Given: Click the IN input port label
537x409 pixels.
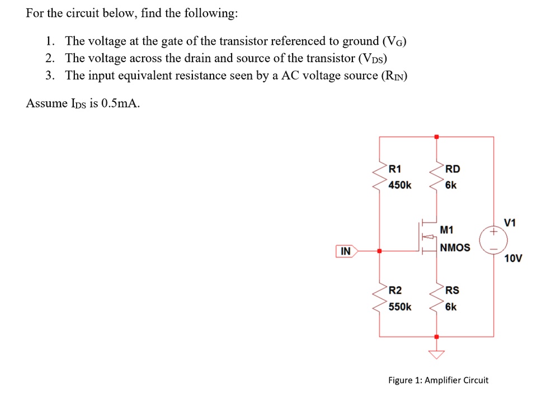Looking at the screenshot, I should coord(346,252).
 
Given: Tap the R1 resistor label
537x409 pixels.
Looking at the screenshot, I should coord(394,168).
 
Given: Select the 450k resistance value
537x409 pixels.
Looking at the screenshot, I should coord(399,185).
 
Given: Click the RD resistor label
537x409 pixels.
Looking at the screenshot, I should coord(452,168).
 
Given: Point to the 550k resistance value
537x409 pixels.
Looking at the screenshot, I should coord(400,307).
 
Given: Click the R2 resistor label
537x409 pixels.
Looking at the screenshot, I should coord(394,290).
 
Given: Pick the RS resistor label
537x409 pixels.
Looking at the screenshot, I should coord(452,290).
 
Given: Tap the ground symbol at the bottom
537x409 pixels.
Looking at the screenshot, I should coord(437,352).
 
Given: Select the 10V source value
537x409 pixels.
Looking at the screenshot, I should coord(513,258).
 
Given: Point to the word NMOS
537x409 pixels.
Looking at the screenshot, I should coord(455,247).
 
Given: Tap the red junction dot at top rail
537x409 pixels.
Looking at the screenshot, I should coord(437,136).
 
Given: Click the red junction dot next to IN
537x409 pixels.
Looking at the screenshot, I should coord(380,252).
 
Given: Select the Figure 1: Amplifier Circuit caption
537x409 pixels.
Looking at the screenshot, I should coord(438,380).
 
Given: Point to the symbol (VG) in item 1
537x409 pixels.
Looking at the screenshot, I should coord(394,41).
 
